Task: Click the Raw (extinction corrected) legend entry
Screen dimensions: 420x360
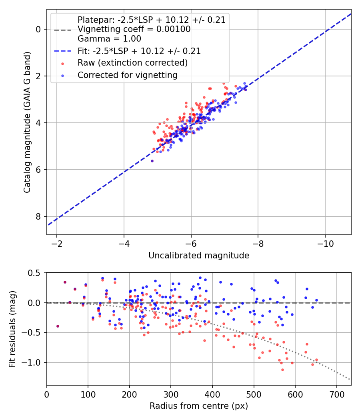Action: point(132,63)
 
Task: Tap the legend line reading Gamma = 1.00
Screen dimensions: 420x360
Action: point(109,39)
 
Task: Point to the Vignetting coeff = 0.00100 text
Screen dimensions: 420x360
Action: point(134,29)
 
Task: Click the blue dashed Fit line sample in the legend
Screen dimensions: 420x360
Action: point(62,51)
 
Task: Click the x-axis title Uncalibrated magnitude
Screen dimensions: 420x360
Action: point(199,255)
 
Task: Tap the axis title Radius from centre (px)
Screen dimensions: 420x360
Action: point(199,406)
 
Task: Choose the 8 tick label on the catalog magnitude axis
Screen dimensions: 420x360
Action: point(38,216)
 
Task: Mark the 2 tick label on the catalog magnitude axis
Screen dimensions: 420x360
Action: point(38,76)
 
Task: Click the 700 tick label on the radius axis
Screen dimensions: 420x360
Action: point(336,394)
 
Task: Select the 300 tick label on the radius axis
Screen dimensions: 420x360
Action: point(171,394)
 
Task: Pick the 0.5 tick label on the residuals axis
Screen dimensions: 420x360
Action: point(35,273)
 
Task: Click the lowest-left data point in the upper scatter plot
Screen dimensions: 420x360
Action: point(152,161)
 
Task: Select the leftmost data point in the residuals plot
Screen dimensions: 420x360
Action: point(58,326)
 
